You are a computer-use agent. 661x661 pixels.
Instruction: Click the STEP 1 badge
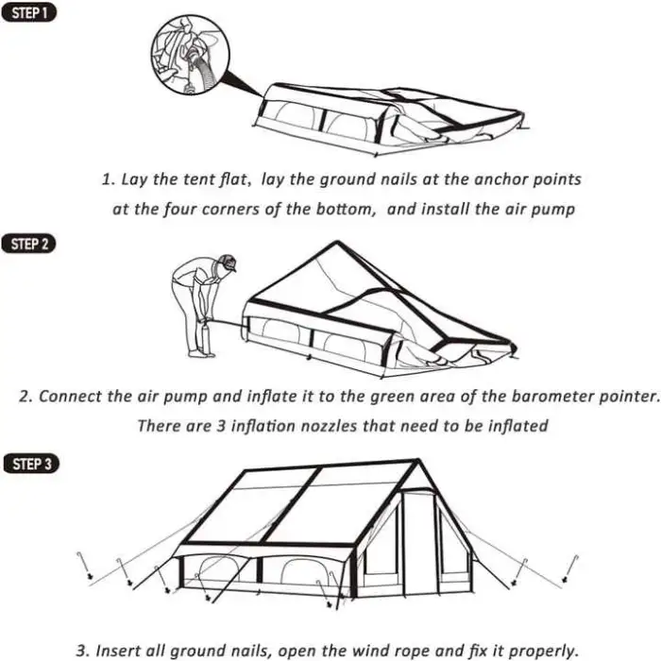[28, 13]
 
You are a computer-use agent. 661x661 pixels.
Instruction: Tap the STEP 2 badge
[28, 244]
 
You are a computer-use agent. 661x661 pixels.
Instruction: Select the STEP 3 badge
[31, 464]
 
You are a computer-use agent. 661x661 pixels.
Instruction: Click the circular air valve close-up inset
[191, 55]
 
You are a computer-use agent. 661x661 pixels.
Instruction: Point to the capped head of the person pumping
[228, 263]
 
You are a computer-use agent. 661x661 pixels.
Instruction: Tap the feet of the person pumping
[201, 353]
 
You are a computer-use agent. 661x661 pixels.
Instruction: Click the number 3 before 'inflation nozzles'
[221, 426]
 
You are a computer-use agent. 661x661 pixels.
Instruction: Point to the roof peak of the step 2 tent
[337, 242]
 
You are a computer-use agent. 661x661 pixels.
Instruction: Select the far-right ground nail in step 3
[570, 569]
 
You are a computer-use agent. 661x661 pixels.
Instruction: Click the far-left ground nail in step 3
[84, 565]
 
